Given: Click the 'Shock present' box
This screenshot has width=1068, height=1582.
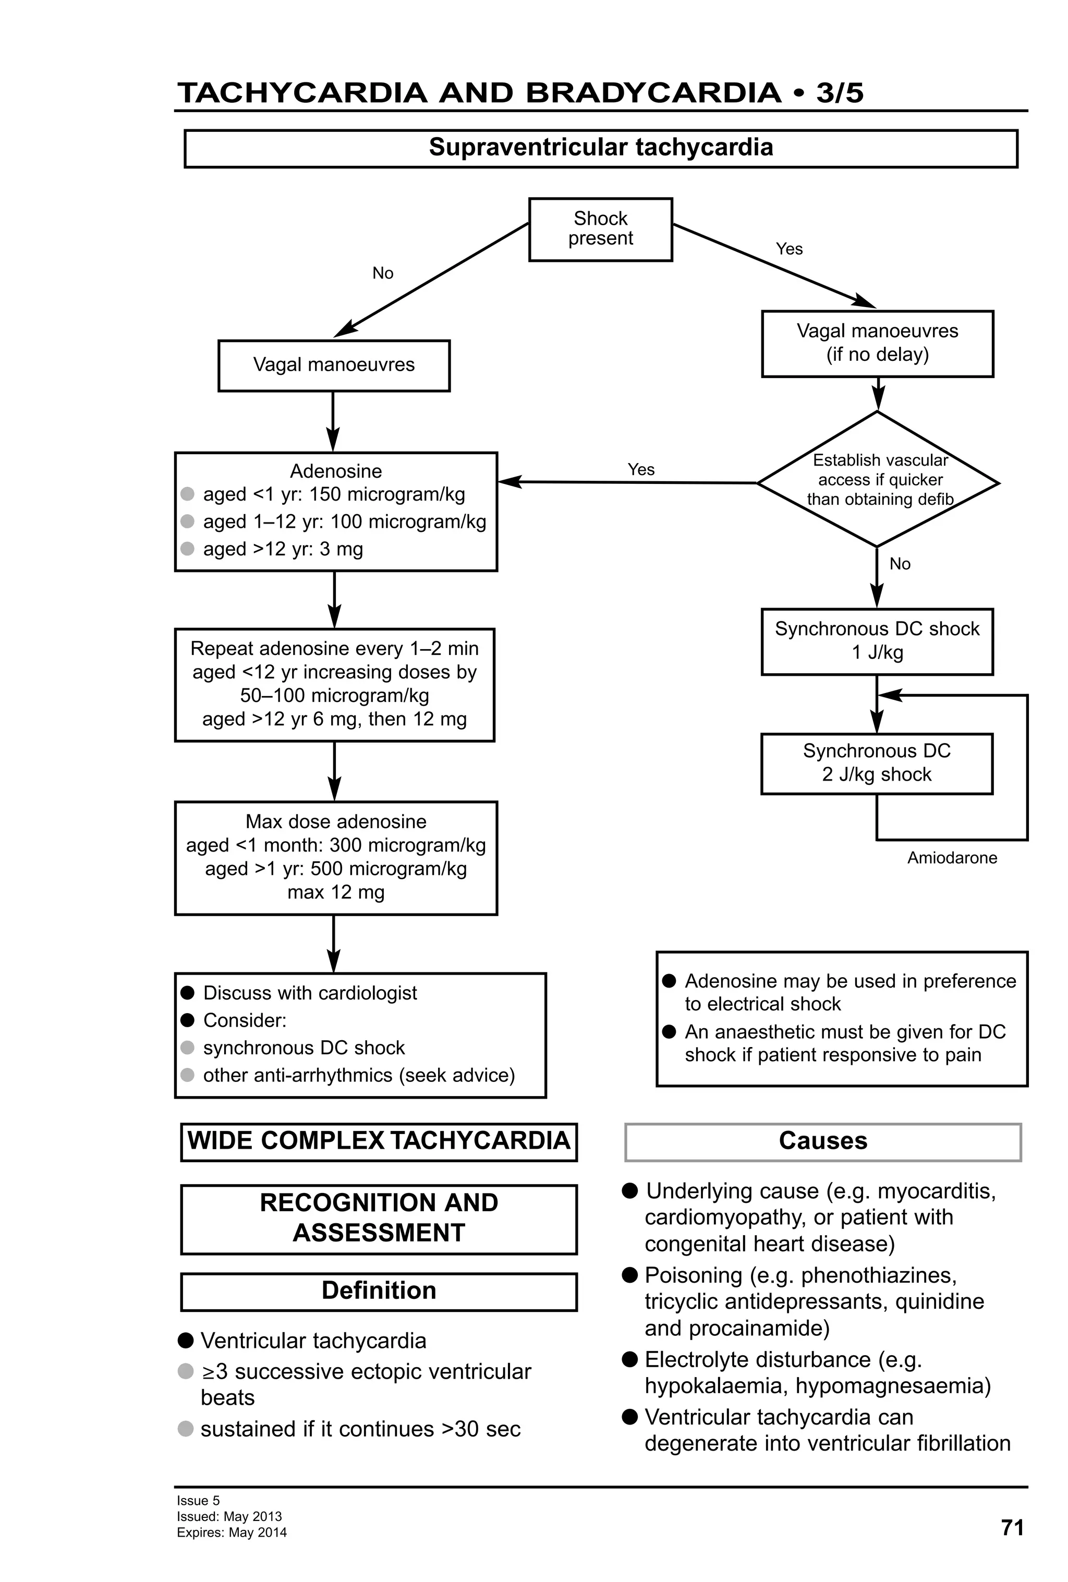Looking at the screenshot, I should click(x=600, y=229).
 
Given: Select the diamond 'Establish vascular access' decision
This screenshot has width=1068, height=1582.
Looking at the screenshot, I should click(x=878, y=479).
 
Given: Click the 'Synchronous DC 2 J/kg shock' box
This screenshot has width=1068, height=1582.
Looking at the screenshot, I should click(x=876, y=762).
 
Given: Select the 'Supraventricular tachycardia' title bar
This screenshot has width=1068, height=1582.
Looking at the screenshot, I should click(x=600, y=148).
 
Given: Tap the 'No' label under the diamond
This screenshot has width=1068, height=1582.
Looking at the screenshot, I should click(x=899, y=564).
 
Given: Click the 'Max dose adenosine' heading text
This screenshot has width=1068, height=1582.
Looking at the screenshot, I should click(x=336, y=822).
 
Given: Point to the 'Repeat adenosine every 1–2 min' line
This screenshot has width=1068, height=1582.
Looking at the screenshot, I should click(x=334, y=648).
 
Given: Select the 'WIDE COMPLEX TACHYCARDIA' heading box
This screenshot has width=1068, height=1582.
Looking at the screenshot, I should click(x=379, y=1141).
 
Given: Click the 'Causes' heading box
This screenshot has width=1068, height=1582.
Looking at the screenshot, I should click(x=822, y=1141).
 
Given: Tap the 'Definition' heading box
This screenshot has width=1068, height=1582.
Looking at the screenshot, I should click(x=379, y=1291).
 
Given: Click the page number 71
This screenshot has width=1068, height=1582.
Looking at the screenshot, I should click(x=1012, y=1528).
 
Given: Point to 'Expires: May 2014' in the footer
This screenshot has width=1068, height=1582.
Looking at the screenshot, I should click(x=232, y=1533).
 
